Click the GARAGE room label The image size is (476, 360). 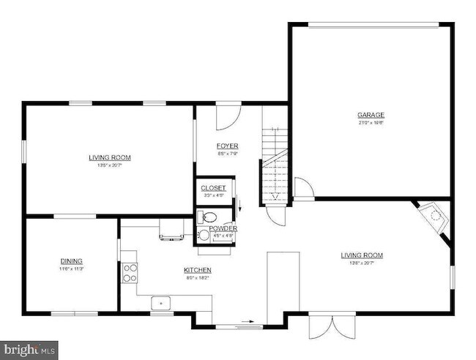click(x=371, y=115)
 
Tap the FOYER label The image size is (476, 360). click(x=227, y=146)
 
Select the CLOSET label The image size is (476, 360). click(x=214, y=188)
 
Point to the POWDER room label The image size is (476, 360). click(x=223, y=228)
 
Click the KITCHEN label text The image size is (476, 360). click(x=197, y=269)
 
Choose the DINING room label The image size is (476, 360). click(x=71, y=261)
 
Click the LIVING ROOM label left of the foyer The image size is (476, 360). click(x=109, y=157)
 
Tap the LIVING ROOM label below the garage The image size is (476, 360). click(x=362, y=255)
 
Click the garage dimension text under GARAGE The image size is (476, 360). click(x=371, y=123)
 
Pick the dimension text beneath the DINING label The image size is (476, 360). click(x=71, y=269)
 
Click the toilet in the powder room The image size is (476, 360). click(x=207, y=217)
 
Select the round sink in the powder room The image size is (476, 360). click(x=204, y=235)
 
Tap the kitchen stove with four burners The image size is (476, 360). click(x=130, y=272)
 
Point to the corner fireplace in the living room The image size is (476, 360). click(x=436, y=217)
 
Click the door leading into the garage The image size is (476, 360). click(x=303, y=188)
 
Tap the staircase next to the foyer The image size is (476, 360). click(x=274, y=165)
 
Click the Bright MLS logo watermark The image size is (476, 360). click(x=29, y=349)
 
